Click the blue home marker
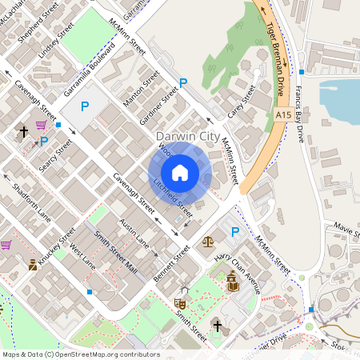click(180, 173)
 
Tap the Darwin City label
click(188, 137)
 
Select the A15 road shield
click(282, 116)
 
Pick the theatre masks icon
click(180, 304)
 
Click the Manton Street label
click(142, 89)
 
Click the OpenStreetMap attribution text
click(81, 354)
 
